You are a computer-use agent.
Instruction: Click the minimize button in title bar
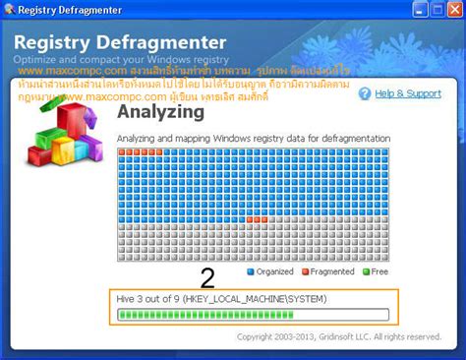pos(406,11)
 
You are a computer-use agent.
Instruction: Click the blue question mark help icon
pos(365,93)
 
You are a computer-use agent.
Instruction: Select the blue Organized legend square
pos(251,271)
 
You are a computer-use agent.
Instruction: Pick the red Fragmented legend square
pos(305,271)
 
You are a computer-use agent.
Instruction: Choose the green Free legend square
pos(366,271)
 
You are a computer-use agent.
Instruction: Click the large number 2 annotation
pos(206,277)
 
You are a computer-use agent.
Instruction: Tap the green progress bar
pos(205,315)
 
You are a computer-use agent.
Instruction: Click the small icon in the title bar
pos(10,11)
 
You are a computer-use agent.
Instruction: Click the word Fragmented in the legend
pos(332,271)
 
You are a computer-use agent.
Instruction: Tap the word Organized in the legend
pos(276,271)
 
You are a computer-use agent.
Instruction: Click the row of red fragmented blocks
pos(140,151)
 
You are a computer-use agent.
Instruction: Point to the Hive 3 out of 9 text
pos(147,298)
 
